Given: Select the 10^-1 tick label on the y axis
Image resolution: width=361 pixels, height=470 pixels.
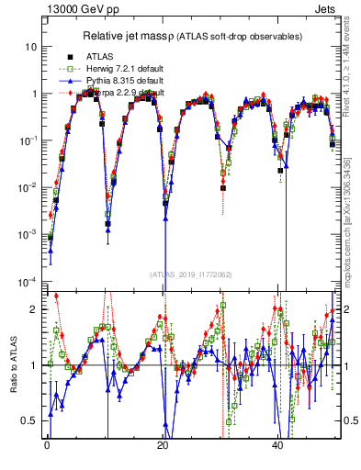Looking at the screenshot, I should (28, 140).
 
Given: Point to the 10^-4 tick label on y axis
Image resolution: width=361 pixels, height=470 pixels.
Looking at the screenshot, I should (28, 281).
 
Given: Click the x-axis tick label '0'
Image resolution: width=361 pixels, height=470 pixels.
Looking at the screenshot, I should (47, 443).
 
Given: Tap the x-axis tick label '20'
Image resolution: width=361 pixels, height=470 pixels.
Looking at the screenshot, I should (163, 443).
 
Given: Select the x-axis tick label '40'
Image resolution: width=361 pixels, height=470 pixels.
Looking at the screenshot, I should (278, 443).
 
